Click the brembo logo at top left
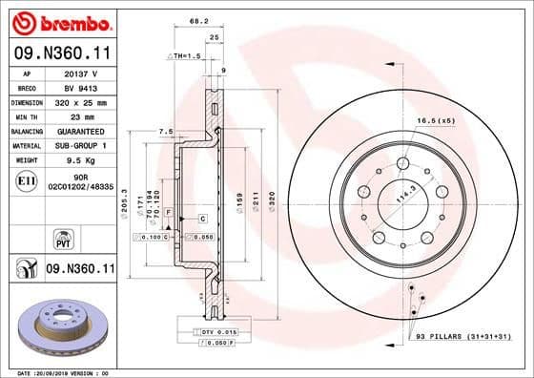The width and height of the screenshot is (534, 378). tap(59, 21)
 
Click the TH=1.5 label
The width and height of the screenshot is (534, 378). tap(182, 57)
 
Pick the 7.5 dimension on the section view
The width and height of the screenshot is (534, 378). tap(164, 131)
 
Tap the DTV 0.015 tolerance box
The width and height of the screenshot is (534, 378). tap(207, 330)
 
